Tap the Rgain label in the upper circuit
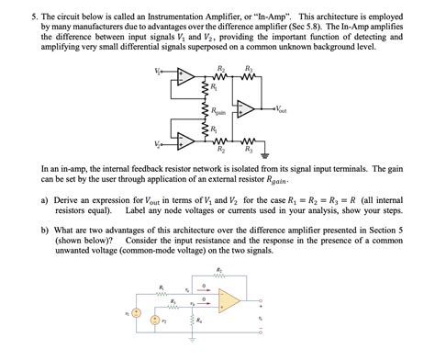point(217,113)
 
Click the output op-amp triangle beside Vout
point(245,109)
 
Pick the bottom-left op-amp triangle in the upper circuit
point(187,141)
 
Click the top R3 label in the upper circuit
point(248,68)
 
